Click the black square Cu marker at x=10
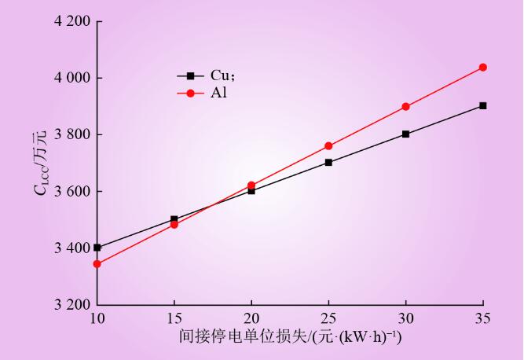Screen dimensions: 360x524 [97, 248]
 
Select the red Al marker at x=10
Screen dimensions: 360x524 [97, 264]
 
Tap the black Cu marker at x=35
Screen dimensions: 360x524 [483, 105]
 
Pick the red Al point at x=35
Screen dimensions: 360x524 [483, 68]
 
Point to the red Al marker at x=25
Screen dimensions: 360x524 [328, 146]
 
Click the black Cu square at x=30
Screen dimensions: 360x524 [405, 134]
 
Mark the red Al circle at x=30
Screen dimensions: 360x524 [405, 107]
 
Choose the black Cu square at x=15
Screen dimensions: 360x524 [174, 219]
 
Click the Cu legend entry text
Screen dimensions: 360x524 [218, 75]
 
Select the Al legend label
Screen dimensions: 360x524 [217, 93]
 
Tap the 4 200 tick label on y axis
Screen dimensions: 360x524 [71, 21]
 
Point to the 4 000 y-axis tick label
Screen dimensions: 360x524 [71, 78]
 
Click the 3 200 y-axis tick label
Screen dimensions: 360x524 [71, 304]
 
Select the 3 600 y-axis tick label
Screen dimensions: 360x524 [71, 191]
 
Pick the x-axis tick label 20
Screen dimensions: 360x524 [251, 318]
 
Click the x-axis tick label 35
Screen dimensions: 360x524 [483, 318]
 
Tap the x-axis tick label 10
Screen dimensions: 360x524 [97, 318]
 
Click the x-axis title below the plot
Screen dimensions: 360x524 [290, 337]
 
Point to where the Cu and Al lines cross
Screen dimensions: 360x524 [211, 206]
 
